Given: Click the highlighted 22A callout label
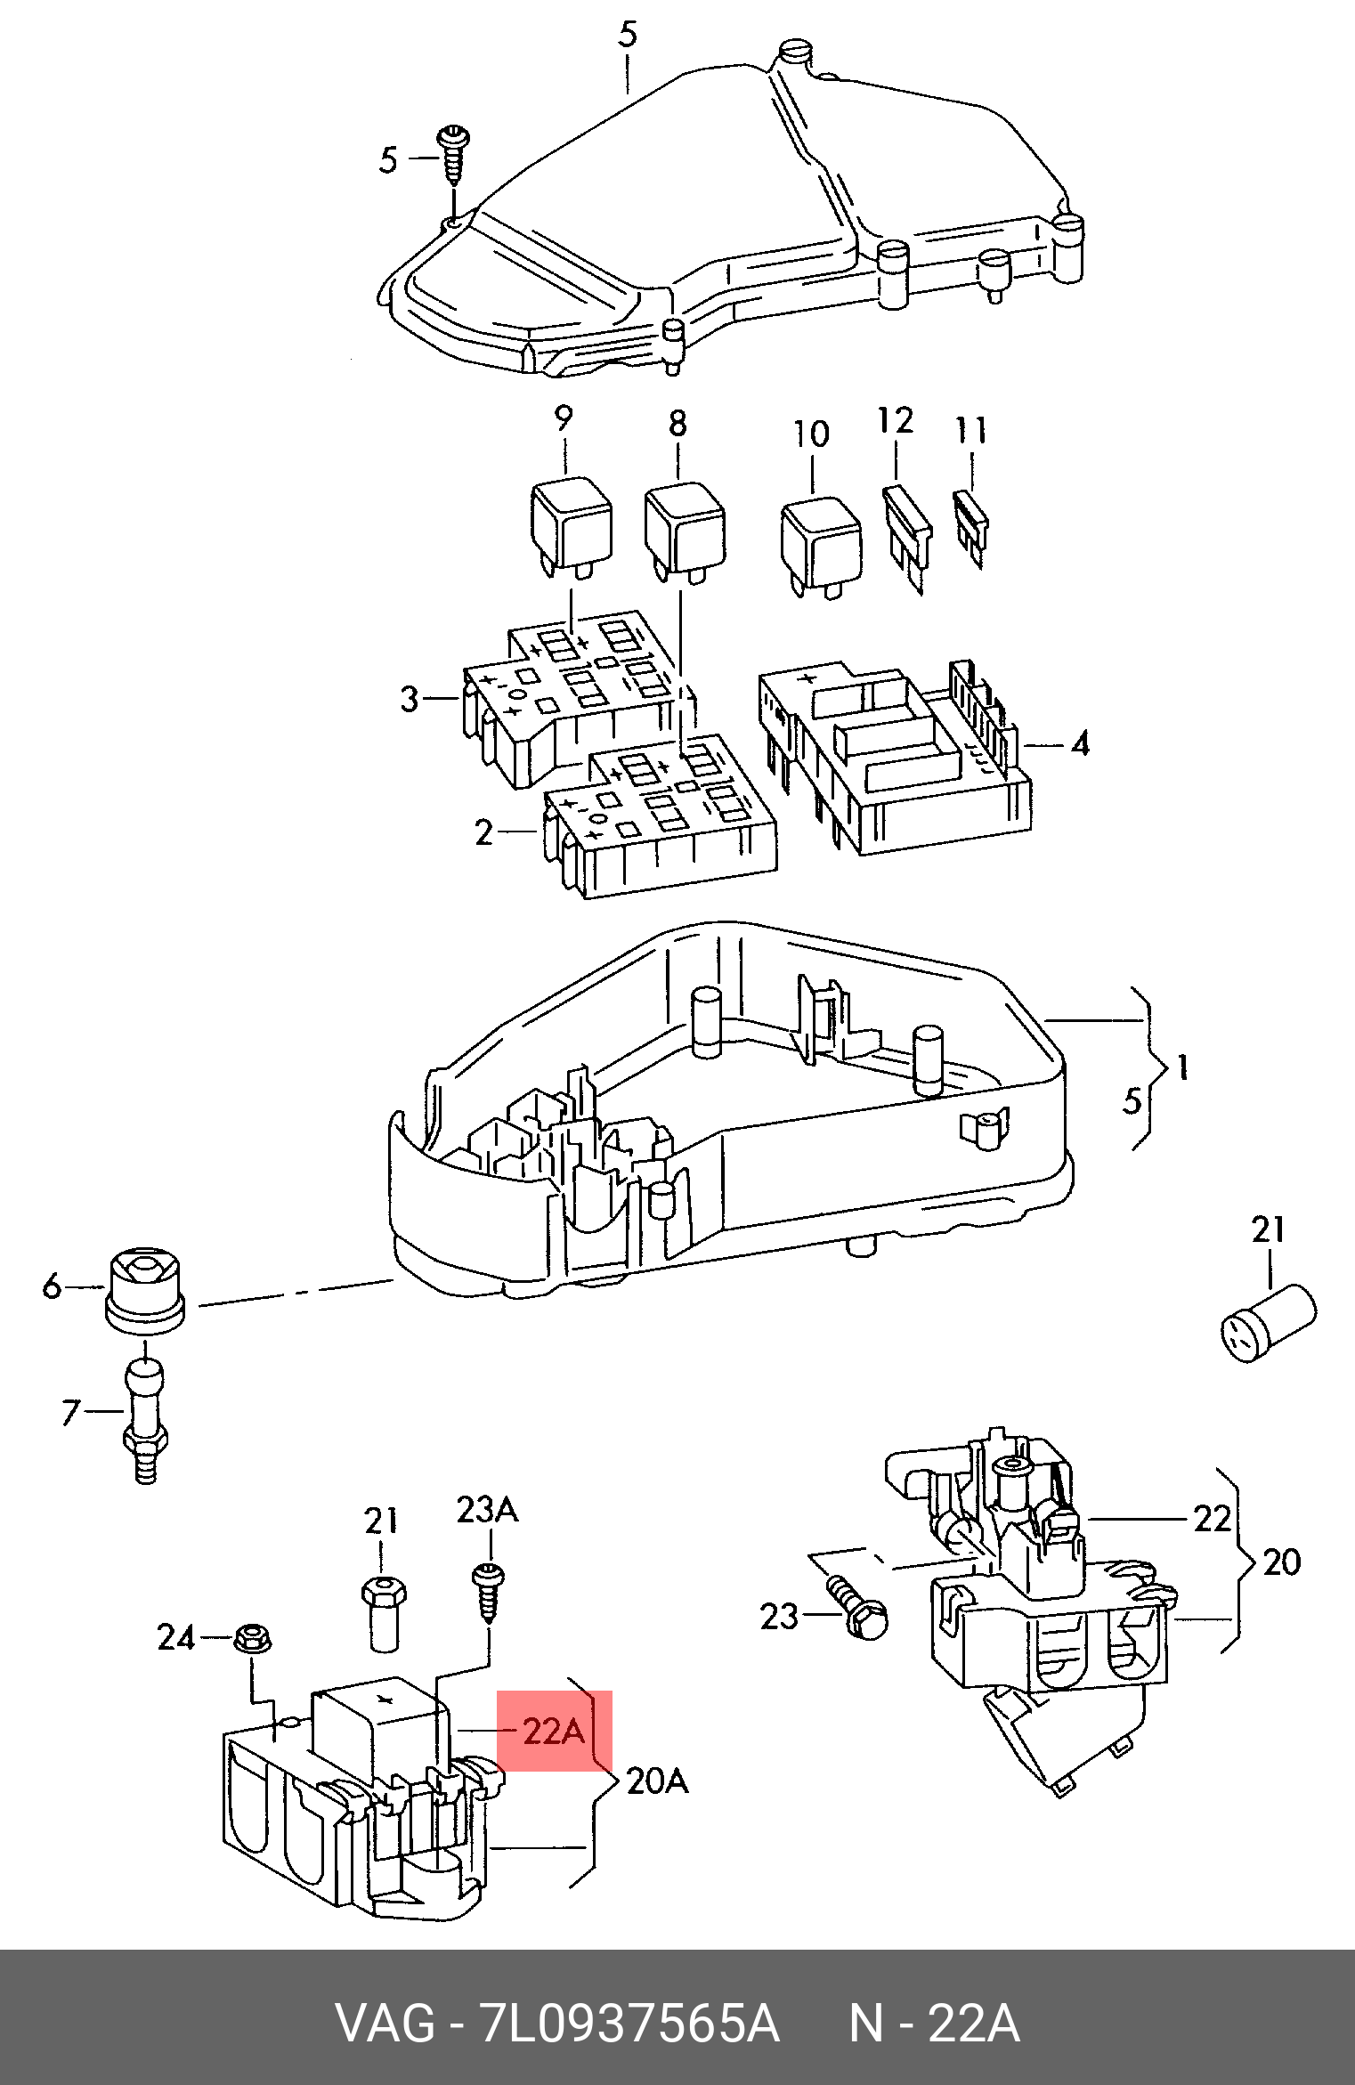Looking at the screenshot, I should point(555,1732).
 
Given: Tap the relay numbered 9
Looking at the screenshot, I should point(571,526).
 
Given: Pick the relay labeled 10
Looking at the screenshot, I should point(820,542).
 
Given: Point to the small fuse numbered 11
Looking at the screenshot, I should point(970,525).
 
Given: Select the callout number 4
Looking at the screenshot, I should point(1079,743).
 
